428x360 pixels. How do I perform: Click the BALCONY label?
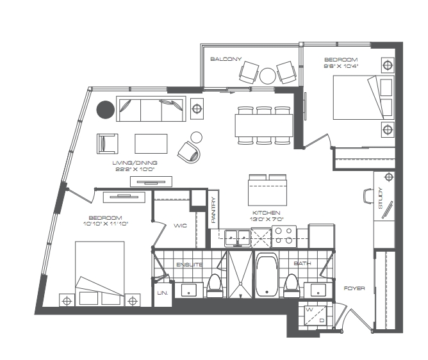point(226,59)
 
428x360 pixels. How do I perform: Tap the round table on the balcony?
point(268,76)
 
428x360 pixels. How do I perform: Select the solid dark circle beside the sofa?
point(105,110)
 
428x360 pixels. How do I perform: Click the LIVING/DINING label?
point(135,163)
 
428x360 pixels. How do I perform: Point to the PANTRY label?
point(213,209)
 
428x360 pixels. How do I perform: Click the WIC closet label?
point(181,225)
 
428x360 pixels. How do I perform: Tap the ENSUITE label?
point(190,265)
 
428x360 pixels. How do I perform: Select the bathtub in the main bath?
point(267,275)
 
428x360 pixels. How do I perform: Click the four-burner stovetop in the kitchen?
point(284,236)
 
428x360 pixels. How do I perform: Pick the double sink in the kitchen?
point(238,238)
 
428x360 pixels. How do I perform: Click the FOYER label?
point(354,288)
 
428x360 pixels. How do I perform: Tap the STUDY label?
point(381,198)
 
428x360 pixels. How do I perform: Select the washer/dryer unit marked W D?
point(315,315)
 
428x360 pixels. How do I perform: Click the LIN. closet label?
point(163,293)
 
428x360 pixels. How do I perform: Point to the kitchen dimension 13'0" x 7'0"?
point(267,219)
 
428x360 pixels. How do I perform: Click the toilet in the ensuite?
point(214,286)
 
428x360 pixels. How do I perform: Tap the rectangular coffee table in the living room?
point(151,143)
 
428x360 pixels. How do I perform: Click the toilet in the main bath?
point(291,286)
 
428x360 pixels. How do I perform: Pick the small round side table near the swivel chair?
point(196,137)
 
